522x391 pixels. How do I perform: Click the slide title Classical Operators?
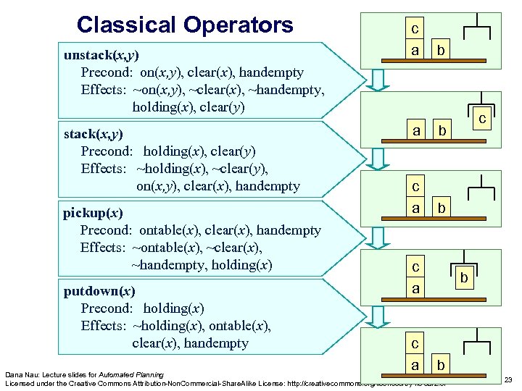[x=185, y=25]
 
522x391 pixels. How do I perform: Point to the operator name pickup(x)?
[x=93, y=213]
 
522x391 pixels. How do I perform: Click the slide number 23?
[x=507, y=380]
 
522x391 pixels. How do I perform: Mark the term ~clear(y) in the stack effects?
[x=239, y=169]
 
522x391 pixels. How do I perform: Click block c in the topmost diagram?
[x=415, y=30]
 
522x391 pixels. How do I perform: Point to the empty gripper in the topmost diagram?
[x=476, y=29]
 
